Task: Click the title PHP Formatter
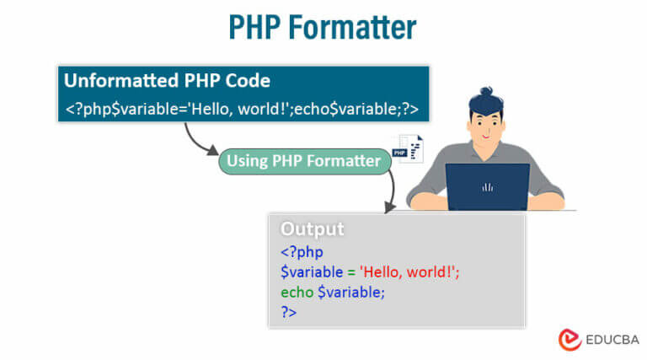pyautogui.click(x=323, y=27)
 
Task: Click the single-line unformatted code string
pyautogui.click(x=242, y=110)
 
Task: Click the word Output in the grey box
pyautogui.click(x=312, y=228)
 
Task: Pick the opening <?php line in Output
pyautogui.click(x=302, y=252)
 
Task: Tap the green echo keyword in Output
pyautogui.click(x=297, y=292)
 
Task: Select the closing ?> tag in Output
pyautogui.click(x=289, y=312)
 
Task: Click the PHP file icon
pyautogui.click(x=406, y=149)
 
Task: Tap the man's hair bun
pyautogui.click(x=486, y=91)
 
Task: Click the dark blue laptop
pyautogui.click(x=487, y=186)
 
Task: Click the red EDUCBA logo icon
pyautogui.click(x=569, y=338)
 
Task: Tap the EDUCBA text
pyautogui.click(x=611, y=339)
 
